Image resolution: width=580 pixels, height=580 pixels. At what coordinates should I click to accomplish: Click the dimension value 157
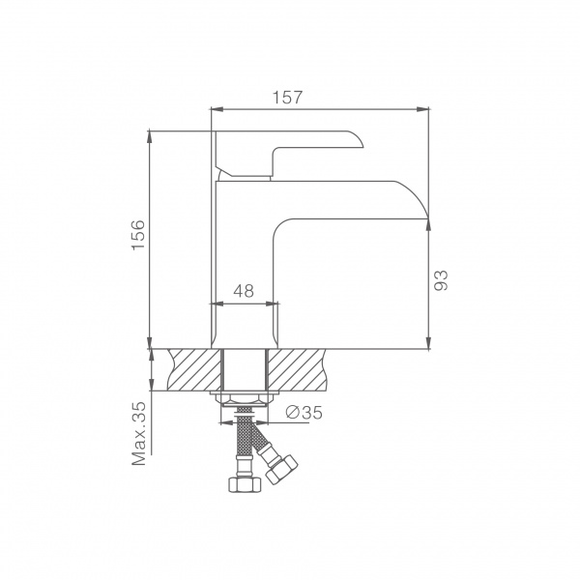point(287,98)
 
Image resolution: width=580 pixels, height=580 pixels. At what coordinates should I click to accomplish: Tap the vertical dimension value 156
point(138,235)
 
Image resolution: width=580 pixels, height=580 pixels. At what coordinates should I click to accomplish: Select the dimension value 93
point(441,280)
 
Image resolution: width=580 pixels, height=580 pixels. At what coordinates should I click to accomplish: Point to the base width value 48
point(244,291)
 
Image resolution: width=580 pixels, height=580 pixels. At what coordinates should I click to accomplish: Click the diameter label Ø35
point(304,412)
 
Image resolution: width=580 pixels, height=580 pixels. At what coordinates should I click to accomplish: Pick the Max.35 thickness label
point(139,433)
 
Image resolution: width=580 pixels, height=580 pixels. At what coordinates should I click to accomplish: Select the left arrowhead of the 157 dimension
point(217,109)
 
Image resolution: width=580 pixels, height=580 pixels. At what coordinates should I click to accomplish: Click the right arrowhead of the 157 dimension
point(422,109)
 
